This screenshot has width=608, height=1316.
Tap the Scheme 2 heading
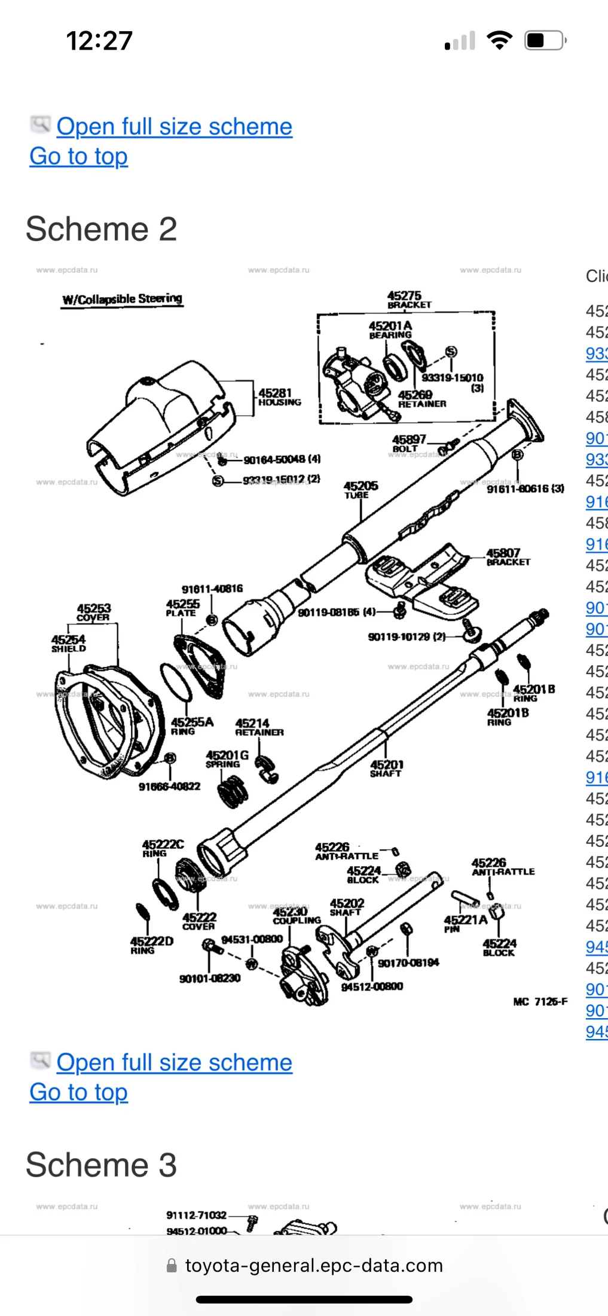click(x=101, y=229)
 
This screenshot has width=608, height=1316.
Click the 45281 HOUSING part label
click(x=279, y=397)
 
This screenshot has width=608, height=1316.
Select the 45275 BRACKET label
click(x=408, y=300)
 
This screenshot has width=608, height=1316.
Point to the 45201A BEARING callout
click(x=390, y=330)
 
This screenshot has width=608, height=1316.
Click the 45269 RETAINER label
click(x=421, y=399)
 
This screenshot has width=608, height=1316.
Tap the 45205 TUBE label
click(x=360, y=489)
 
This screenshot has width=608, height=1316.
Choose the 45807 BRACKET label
click(x=507, y=557)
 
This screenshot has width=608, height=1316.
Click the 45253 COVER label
click(x=93, y=613)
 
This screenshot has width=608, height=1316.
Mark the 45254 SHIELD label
click(x=68, y=644)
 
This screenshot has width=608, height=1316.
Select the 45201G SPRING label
click(x=226, y=759)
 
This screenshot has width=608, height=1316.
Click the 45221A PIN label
click(x=465, y=922)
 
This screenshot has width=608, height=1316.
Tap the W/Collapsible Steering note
click(x=123, y=299)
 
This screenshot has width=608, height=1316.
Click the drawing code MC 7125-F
click(x=540, y=1001)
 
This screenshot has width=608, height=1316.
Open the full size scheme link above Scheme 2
click(x=174, y=127)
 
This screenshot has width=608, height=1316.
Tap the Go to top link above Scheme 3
click(x=78, y=1092)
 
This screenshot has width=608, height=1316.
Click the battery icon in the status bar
click(x=544, y=41)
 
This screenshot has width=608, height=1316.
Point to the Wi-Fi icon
click(x=499, y=41)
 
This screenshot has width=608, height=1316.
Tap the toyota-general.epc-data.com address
click(x=314, y=1265)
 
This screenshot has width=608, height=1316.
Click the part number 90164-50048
click(x=282, y=459)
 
